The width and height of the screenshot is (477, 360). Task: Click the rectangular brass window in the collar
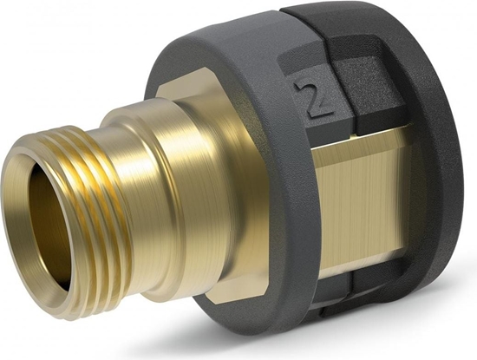364,200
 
